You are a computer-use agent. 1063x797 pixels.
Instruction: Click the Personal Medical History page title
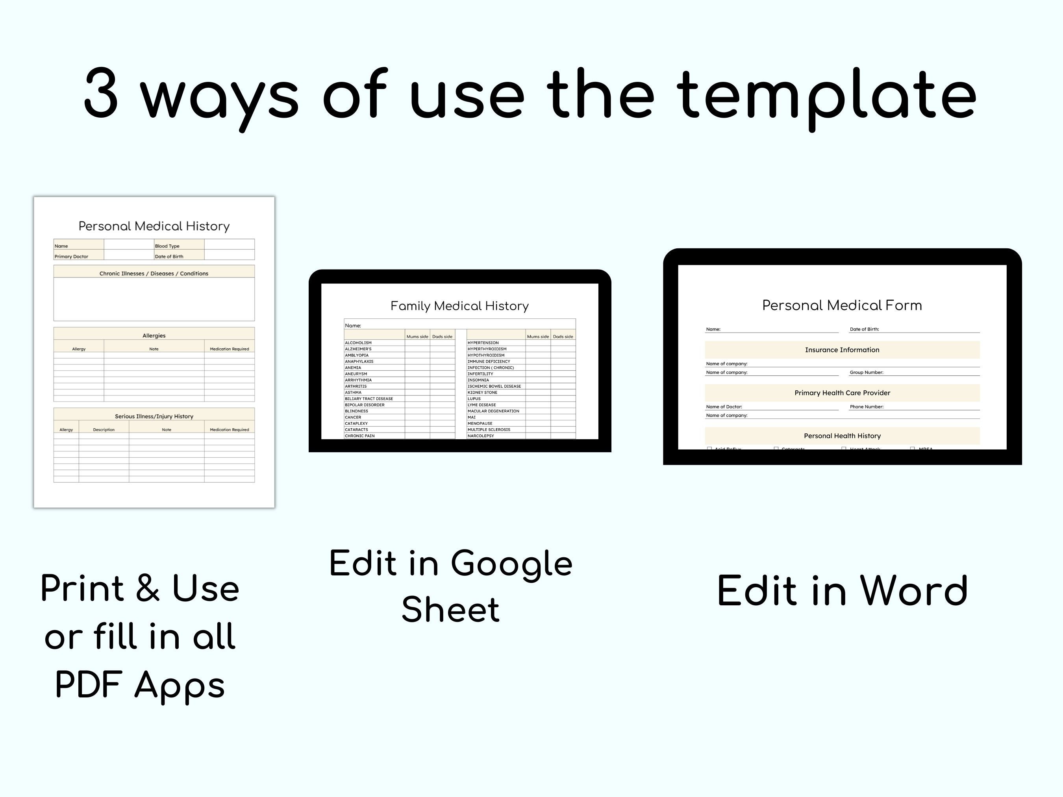154,226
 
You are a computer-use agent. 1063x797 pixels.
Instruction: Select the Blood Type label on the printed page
167,246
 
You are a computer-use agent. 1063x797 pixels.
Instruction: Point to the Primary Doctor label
71,257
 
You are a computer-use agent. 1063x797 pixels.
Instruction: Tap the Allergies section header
154,335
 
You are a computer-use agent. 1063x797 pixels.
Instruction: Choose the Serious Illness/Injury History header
154,416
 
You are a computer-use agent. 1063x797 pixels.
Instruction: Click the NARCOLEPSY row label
481,436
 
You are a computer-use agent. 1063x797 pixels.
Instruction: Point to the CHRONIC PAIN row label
359,436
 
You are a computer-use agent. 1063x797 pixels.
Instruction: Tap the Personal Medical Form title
842,305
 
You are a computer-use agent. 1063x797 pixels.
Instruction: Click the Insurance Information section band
842,350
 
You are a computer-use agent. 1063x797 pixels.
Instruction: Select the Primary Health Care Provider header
842,393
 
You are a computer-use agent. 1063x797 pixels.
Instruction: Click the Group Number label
867,372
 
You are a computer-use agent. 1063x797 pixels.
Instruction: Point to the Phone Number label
867,407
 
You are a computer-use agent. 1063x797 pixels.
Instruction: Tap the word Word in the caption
913,591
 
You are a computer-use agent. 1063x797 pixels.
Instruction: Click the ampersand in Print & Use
148,588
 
